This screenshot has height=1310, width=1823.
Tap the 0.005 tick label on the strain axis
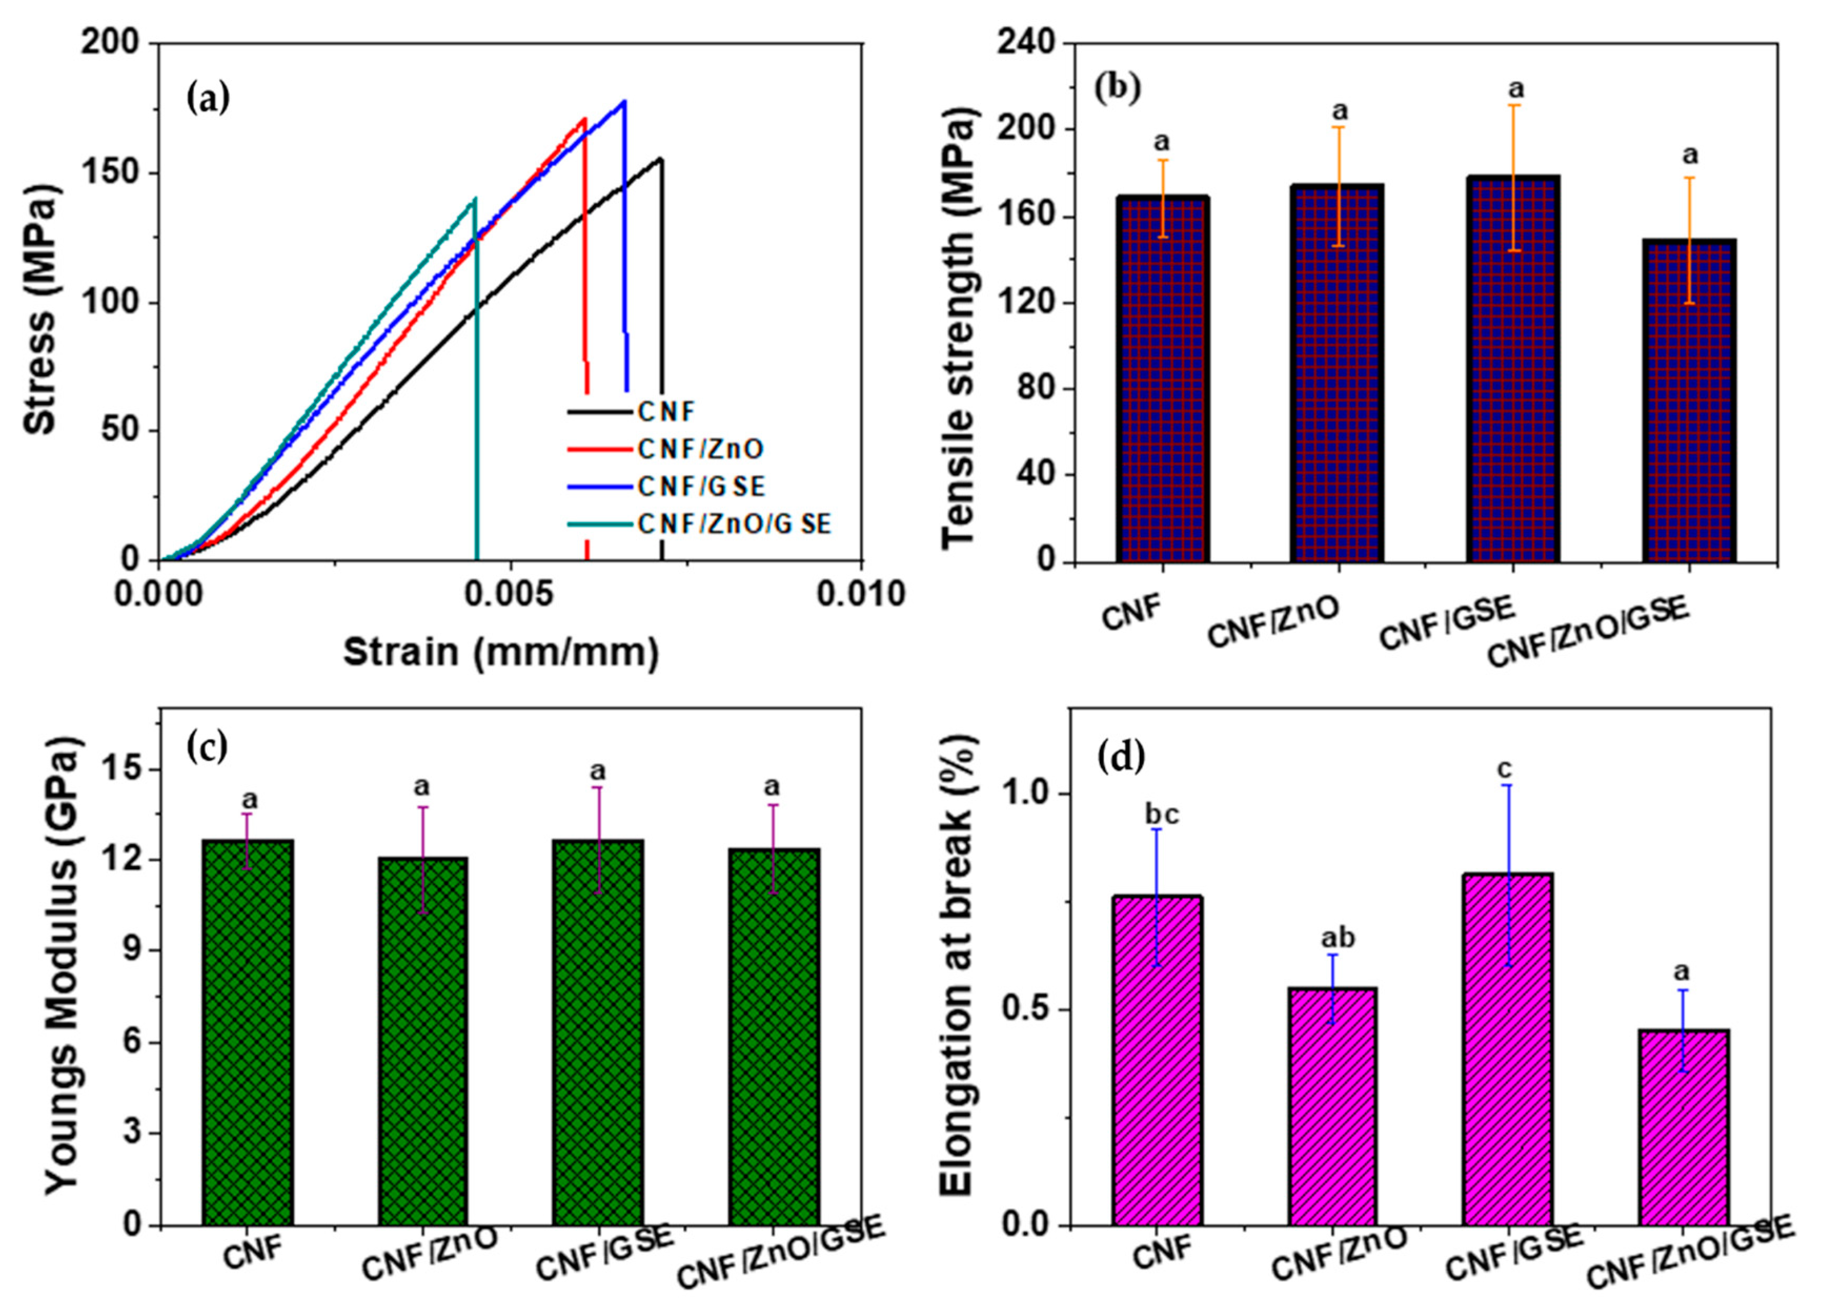click(510, 595)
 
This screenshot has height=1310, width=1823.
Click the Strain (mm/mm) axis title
click(502, 653)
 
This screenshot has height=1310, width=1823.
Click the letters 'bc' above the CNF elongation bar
click(1161, 815)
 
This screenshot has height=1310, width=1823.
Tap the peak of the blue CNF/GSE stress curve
click(624, 101)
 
